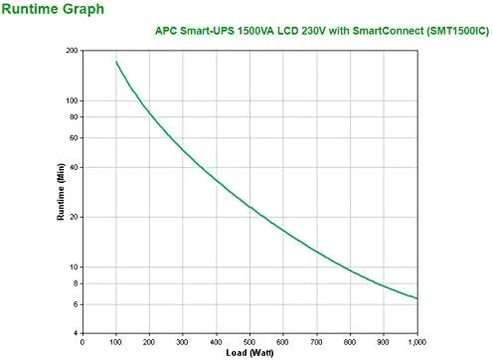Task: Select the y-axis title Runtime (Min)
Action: pyautogui.click(x=61, y=192)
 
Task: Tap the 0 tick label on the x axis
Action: pyautogui.click(x=82, y=342)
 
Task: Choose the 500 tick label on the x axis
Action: pyautogui.click(x=249, y=342)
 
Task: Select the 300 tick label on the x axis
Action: pyautogui.click(x=183, y=342)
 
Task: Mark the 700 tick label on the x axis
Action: pyautogui.click(x=316, y=342)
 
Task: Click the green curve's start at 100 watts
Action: pyautogui.click(x=116, y=62)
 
